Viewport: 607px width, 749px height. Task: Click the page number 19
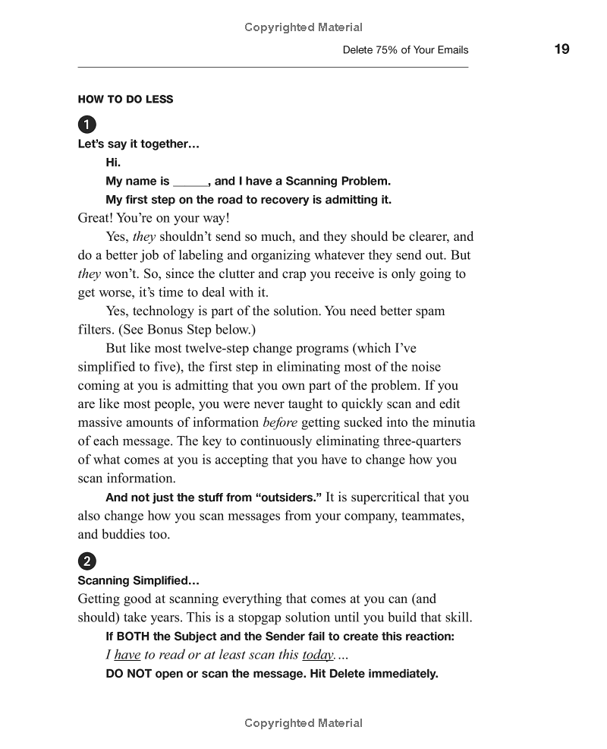click(x=561, y=49)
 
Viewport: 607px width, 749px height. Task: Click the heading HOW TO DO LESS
click(x=125, y=99)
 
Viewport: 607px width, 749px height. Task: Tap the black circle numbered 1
click(x=87, y=125)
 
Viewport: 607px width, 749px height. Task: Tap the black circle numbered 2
click(x=87, y=561)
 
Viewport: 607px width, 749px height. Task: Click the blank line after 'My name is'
click(x=190, y=182)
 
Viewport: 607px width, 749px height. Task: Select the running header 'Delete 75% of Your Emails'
click(x=405, y=50)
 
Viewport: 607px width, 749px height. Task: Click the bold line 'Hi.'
click(x=113, y=163)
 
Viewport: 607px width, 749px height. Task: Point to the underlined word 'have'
click(x=127, y=655)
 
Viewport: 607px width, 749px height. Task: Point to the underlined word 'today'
click(x=318, y=655)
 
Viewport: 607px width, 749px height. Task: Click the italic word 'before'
click(x=280, y=422)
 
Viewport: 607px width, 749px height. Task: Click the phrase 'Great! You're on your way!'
click(x=153, y=218)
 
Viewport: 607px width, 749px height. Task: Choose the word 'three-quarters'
click(x=420, y=441)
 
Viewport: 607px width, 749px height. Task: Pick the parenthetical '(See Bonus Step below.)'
click(x=187, y=330)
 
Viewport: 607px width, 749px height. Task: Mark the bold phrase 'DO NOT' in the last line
click(x=128, y=674)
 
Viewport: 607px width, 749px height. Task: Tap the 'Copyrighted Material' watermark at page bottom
click(x=303, y=723)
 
